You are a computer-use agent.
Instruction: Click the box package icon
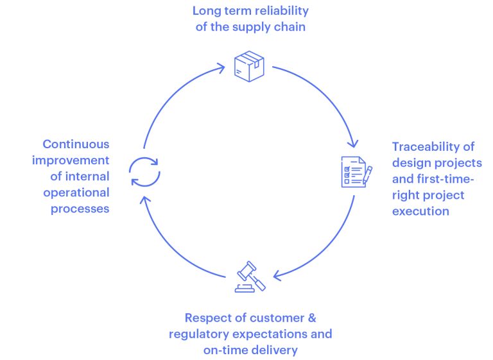point(250,65)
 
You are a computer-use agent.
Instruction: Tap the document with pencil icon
point(355,172)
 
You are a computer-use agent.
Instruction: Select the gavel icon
point(251,277)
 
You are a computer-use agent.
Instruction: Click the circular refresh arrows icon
point(145,171)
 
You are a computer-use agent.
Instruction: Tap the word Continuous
point(76,144)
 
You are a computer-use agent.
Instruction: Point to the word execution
point(420,210)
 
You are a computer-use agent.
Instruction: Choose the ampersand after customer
point(313,318)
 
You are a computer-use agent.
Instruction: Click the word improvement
point(71,160)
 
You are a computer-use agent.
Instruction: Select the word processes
point(80,209)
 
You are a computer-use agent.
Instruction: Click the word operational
point(77,193)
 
